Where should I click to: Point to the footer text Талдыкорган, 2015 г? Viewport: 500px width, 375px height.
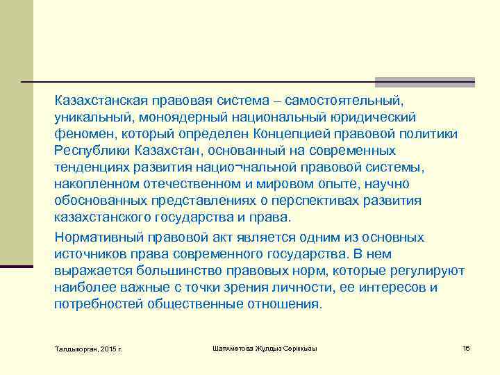87,348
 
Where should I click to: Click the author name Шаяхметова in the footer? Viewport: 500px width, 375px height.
235,347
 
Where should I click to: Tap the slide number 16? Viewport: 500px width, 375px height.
466,347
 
